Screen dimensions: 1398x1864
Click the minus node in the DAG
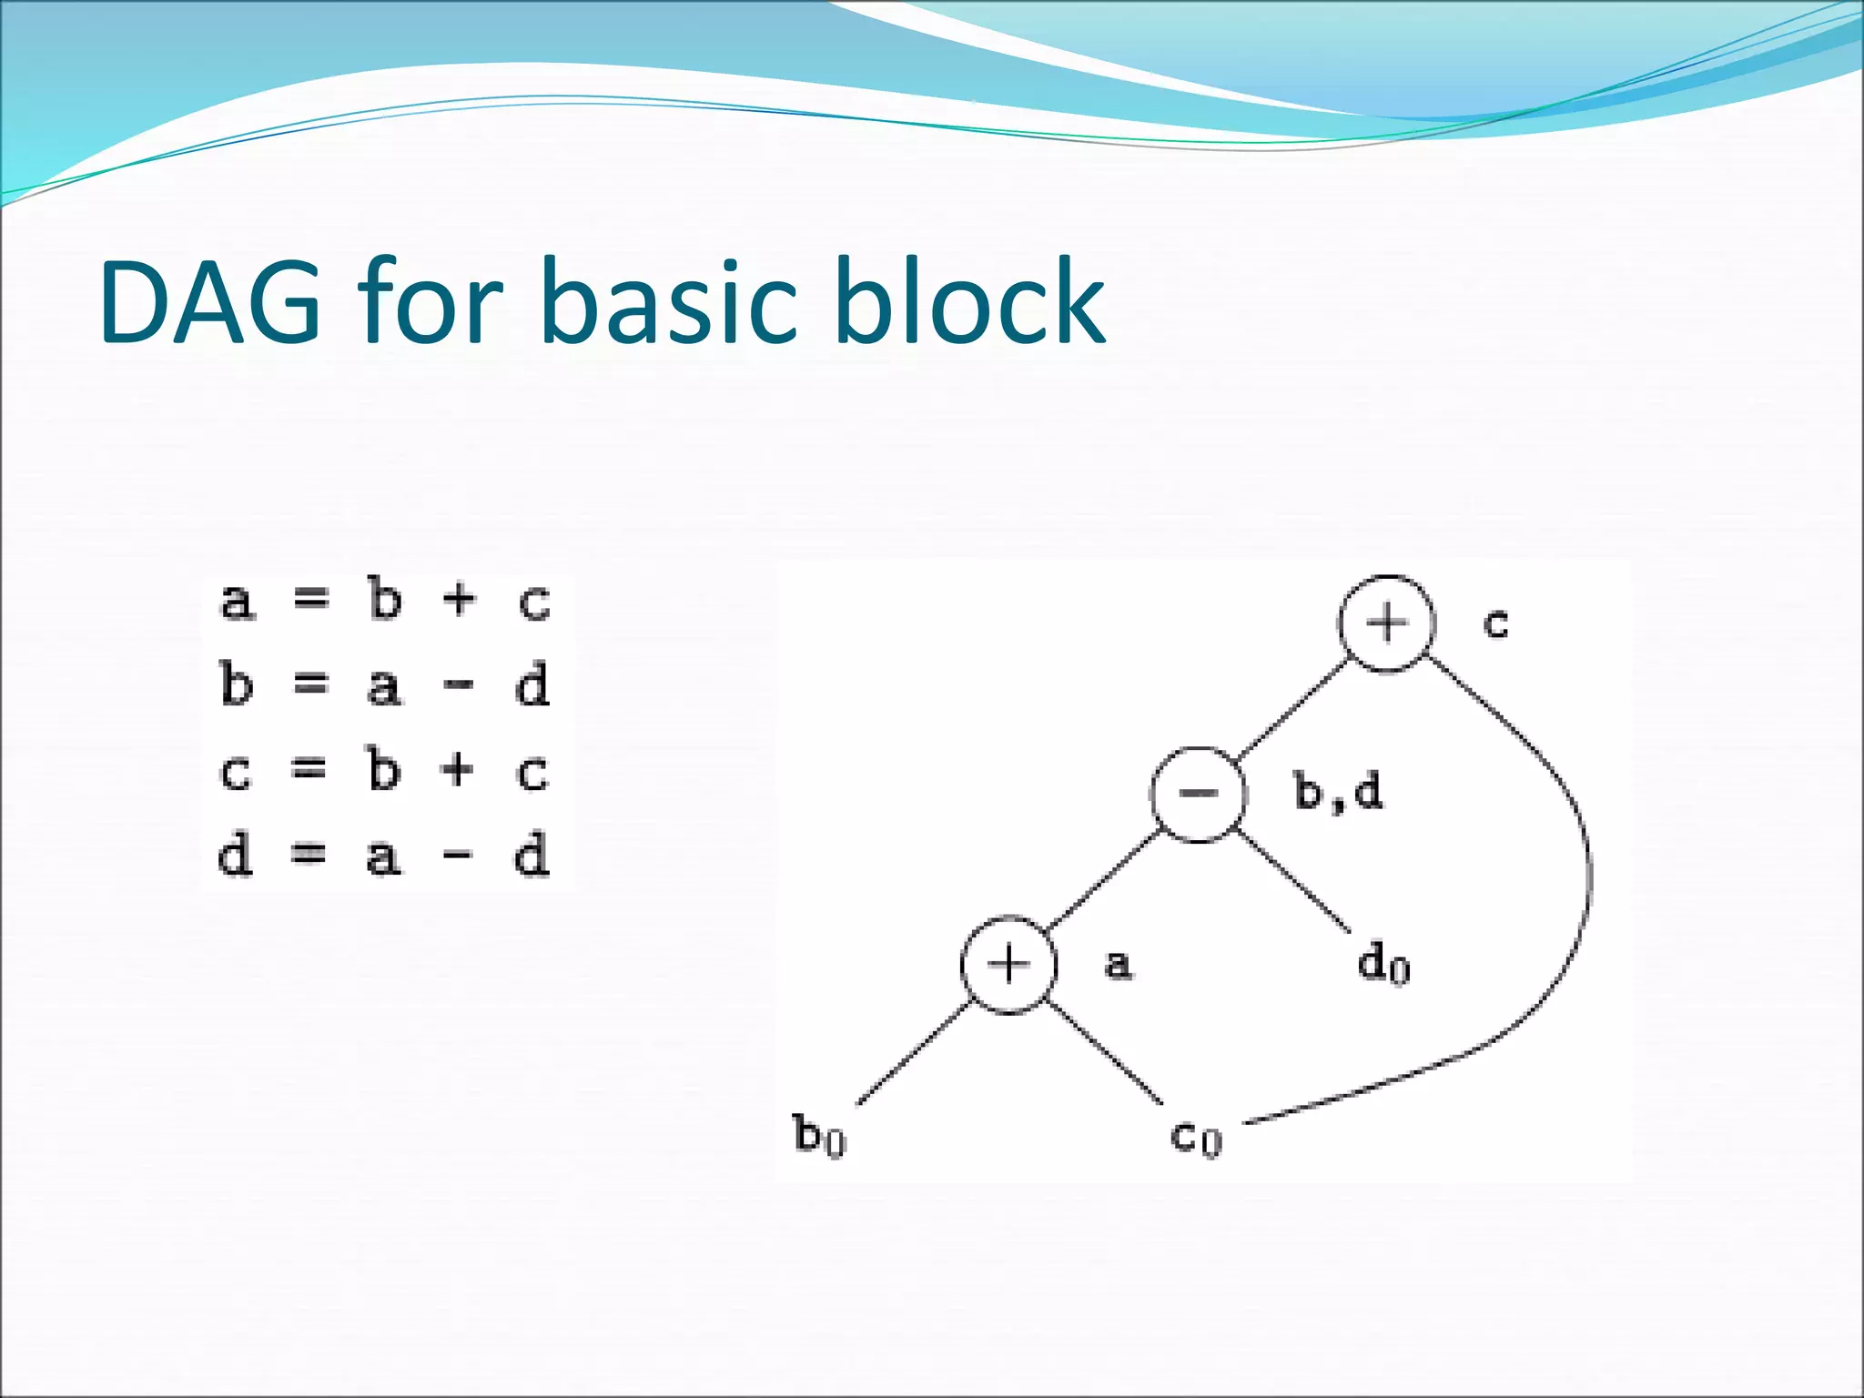[1198, 794]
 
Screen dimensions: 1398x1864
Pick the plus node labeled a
[1008, 964]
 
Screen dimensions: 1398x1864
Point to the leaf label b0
[820, 1135]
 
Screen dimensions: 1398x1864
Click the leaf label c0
[1195, 1136]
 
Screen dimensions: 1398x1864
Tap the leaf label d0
[1383, 963]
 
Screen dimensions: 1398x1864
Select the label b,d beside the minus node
[1338, 793]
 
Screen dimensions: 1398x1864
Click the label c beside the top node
[1496, 623]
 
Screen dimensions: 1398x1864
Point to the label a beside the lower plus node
[1119, 963]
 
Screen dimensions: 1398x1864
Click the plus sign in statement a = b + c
[459, 600]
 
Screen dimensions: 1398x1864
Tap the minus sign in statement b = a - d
[458, 685]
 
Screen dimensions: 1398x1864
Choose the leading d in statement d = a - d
[235, 856]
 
